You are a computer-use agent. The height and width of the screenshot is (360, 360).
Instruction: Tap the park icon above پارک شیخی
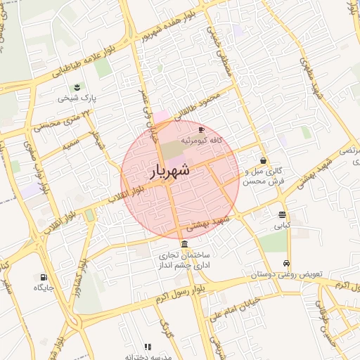coord(75,87)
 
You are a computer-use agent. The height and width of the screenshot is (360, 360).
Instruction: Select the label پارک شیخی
coord(76,98)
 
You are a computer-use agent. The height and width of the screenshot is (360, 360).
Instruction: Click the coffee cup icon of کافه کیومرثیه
coord(202,130)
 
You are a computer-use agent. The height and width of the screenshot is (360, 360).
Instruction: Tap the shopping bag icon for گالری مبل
coord(263,160)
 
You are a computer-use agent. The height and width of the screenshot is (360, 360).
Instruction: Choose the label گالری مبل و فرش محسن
coord(263,176)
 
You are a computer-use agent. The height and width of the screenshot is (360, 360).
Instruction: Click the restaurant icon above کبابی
coord(282,215)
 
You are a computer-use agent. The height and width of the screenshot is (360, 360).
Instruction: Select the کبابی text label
coord(282,226)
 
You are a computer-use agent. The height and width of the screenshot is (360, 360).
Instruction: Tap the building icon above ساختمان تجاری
coord(184,244)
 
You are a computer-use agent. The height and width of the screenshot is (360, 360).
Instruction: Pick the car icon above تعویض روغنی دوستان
coord(286,263)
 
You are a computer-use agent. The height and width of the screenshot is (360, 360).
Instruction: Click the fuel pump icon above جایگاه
coord(44,277)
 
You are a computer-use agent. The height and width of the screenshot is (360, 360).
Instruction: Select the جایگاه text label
coord(44,288)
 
